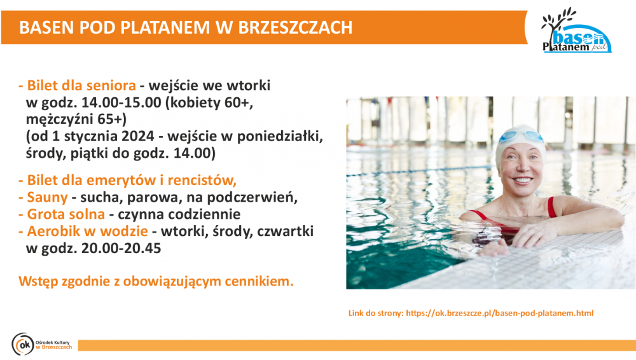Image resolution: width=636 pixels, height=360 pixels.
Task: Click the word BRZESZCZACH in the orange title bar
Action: (x=295, y=27)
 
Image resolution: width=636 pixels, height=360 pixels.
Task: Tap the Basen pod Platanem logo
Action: (x=576, y=31)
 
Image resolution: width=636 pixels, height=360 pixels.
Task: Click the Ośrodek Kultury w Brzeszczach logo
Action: (x=42, y=344)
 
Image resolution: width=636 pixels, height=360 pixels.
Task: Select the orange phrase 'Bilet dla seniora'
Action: (x=81, y=86)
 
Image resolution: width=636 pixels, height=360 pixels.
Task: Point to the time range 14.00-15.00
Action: (x=121, y=102)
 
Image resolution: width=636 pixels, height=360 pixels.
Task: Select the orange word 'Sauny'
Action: (x=47, y=198)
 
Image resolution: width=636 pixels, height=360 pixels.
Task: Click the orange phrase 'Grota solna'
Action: (x=66, y=214)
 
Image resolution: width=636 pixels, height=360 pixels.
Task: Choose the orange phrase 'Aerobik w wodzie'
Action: (x=87, y=231)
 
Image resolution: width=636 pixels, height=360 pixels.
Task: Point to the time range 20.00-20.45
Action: (x=121, y=248)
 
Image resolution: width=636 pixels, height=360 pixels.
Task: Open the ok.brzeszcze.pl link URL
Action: (x=500, y=314)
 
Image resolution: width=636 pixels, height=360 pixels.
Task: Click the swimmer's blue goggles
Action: (x=522, y=137)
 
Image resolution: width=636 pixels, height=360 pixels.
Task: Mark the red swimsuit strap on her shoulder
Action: (x=551, y=207)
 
